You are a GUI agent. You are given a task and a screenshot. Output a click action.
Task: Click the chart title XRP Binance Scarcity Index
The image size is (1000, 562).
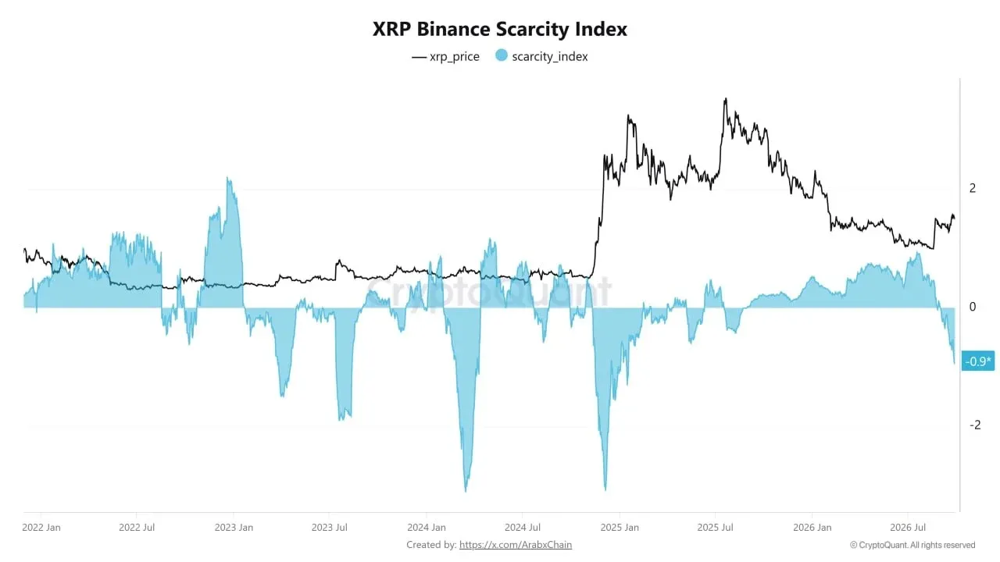[x=499, y=29]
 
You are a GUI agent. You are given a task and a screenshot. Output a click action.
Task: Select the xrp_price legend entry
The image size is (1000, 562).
[x=445, y=57]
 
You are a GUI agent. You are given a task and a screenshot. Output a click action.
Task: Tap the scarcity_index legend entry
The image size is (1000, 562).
[x=542, y=56]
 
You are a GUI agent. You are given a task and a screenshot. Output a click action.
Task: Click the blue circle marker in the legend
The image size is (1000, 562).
[x=502, y=55]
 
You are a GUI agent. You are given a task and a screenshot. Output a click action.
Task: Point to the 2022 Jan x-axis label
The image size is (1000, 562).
[x=41, y=527]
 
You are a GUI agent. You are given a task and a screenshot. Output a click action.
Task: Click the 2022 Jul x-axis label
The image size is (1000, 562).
[x=137, y=527]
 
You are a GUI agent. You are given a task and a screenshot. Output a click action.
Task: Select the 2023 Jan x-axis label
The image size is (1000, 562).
[x=234, y=527]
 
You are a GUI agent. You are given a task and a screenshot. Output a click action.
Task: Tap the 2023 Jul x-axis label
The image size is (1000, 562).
[x=329, y=527]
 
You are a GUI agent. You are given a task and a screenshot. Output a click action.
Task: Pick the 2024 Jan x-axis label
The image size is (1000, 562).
[x=427, y=527]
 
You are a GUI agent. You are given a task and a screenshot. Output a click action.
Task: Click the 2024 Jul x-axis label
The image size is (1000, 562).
[x=523, y=527]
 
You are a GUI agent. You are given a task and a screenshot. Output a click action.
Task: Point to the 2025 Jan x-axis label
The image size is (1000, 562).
[x=620, y=527]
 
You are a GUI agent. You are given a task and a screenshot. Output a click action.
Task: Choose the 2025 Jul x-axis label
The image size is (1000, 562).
[x=715, y=527]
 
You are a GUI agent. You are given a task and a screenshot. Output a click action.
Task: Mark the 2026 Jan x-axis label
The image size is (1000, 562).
[x=812, y=527]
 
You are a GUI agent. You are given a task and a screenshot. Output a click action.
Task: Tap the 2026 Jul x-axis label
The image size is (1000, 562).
[x=908, y=527]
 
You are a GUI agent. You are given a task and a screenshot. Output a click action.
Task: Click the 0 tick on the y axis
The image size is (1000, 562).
[x=973, y=307]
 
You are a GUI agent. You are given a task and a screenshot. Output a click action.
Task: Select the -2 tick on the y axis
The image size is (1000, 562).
[x=975, y=425]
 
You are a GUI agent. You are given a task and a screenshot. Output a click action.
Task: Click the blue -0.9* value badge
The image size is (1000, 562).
[x=977, y=361]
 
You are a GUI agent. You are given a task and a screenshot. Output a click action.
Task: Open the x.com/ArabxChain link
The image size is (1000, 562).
[x=515, y=545]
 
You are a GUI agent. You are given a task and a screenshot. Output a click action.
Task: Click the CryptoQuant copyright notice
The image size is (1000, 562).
[x=912, y=545]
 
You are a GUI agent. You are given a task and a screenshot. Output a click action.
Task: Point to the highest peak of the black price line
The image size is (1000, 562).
[x=726, y=98]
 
